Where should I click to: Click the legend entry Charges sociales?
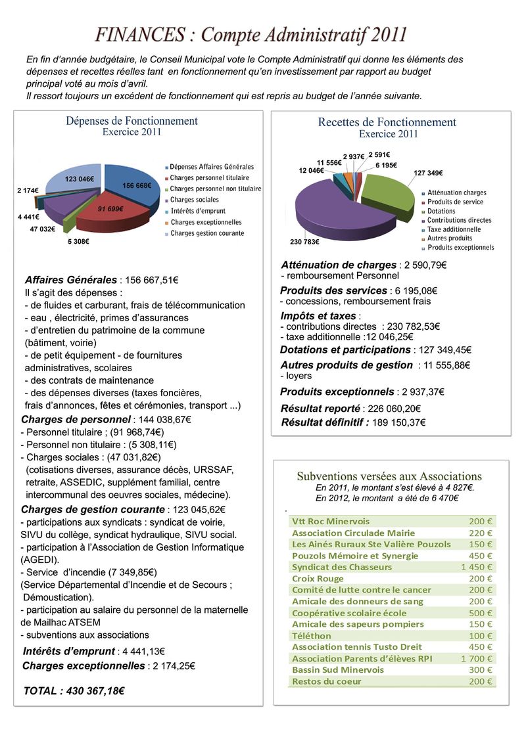pyautogui.click(x=195, y=200)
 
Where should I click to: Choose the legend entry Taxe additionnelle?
pyautogui.click(x=454, y=229)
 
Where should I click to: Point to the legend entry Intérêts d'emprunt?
pyautogui.click(x=198, y=211)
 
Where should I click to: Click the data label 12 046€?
pyautogui.click(x=312, y=171)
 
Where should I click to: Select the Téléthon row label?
pyautogui.click(x=312, y=636)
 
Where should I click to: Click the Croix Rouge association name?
pyautogui.click(x=318, y=579)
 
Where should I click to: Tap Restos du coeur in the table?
pyautogui.click(x=326, y=681)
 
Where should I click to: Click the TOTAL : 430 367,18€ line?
pyautogui.click(x=74, y=691)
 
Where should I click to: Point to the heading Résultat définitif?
pyautogui.click(x=325, y=422)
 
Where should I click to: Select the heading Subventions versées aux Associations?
pyautogui.click(x=389, y=476)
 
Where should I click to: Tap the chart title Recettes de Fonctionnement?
pyautogui.click(x=387, y=122)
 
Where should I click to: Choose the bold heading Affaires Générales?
pyautogui.click(x=71, y=280)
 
